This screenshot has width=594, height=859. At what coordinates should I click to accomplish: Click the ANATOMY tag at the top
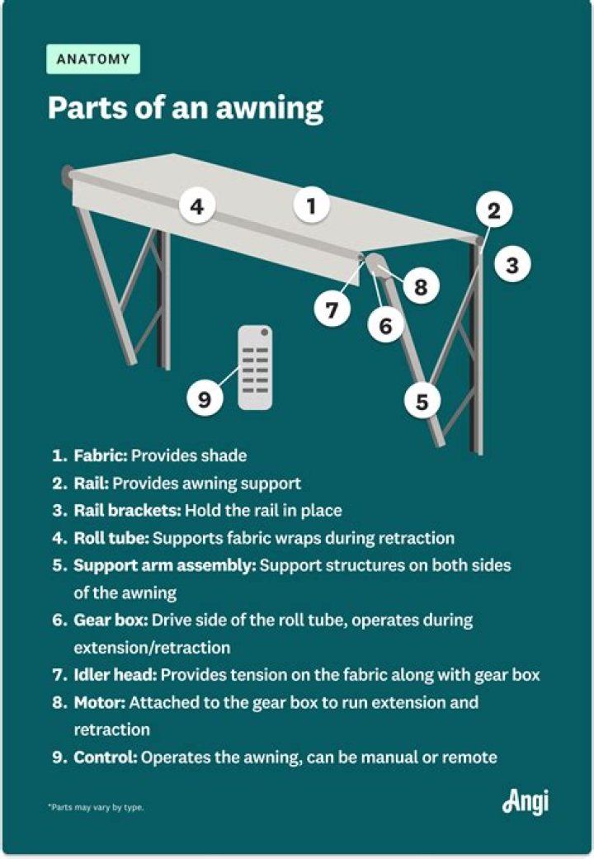[93, 59]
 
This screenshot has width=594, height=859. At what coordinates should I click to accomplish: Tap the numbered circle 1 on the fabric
[311, 205]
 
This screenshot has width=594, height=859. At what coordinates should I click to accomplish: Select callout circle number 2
[493, 210]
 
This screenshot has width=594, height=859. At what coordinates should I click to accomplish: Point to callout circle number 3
[511, 265]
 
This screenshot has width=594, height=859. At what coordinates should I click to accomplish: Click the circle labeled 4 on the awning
[196, 206]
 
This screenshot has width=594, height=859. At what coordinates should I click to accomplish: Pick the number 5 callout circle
[422, 402]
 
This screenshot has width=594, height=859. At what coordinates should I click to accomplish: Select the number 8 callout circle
[421, 286]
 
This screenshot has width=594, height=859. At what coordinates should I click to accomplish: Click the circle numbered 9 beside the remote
[205, 400]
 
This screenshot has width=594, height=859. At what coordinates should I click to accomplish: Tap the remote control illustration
[255, 368]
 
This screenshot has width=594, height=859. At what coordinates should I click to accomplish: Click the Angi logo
[525, 802]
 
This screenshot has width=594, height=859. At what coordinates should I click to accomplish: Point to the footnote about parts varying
[95, 807]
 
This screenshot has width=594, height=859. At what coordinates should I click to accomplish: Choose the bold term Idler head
[115, 675]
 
